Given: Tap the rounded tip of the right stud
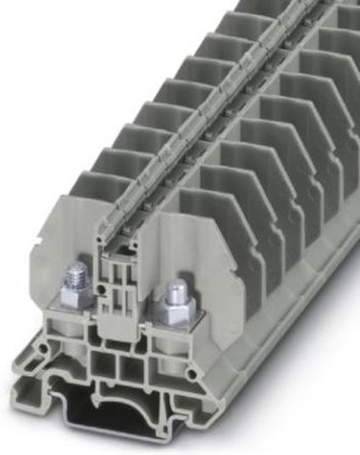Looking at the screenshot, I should pos(175,287).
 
